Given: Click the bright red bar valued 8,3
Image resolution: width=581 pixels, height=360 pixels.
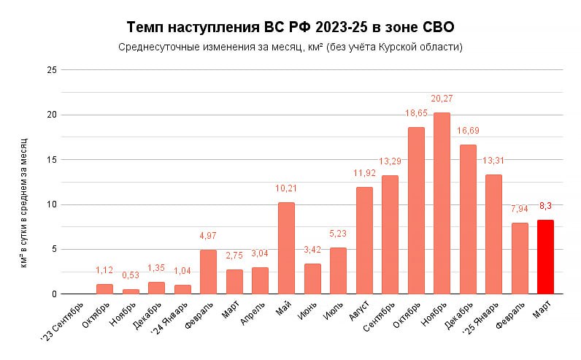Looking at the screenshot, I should point(545,257).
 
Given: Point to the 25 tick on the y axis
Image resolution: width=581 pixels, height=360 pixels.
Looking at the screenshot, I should point(51,70).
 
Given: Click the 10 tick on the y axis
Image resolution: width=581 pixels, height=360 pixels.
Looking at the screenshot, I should point(51,204).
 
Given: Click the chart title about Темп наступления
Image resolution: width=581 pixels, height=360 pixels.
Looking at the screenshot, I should point(290,28).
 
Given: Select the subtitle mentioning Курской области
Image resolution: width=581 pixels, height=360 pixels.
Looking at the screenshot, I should point(290,47).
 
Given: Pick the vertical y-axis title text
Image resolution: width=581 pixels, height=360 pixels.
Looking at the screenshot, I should point(24,201).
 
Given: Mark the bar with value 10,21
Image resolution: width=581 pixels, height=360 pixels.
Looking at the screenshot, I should point(286,248).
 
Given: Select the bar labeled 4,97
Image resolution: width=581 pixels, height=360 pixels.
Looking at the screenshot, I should point(208,272).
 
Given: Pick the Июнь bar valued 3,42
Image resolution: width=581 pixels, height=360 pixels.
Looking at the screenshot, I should point(312,279).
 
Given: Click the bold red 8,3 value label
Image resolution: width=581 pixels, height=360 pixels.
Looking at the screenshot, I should point(545,206).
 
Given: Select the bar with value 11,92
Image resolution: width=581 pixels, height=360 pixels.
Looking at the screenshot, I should point(364,241).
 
